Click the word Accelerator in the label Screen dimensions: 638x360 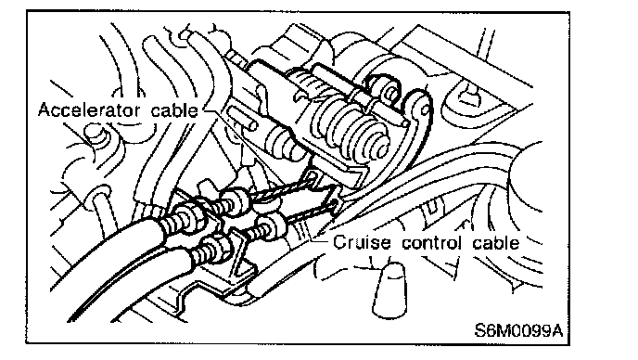tap(90, 110)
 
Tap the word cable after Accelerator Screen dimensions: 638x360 tap(174, 110)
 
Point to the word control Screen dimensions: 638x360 tap(432, 242)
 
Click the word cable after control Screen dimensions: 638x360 tap(496, 242)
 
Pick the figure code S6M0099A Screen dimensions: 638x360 tap(518, 330)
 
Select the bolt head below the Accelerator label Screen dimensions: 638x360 tap(95, 134)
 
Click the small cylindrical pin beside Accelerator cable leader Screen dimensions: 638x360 tap(243, 118)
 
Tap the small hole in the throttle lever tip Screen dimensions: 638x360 tap(426, 110)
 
